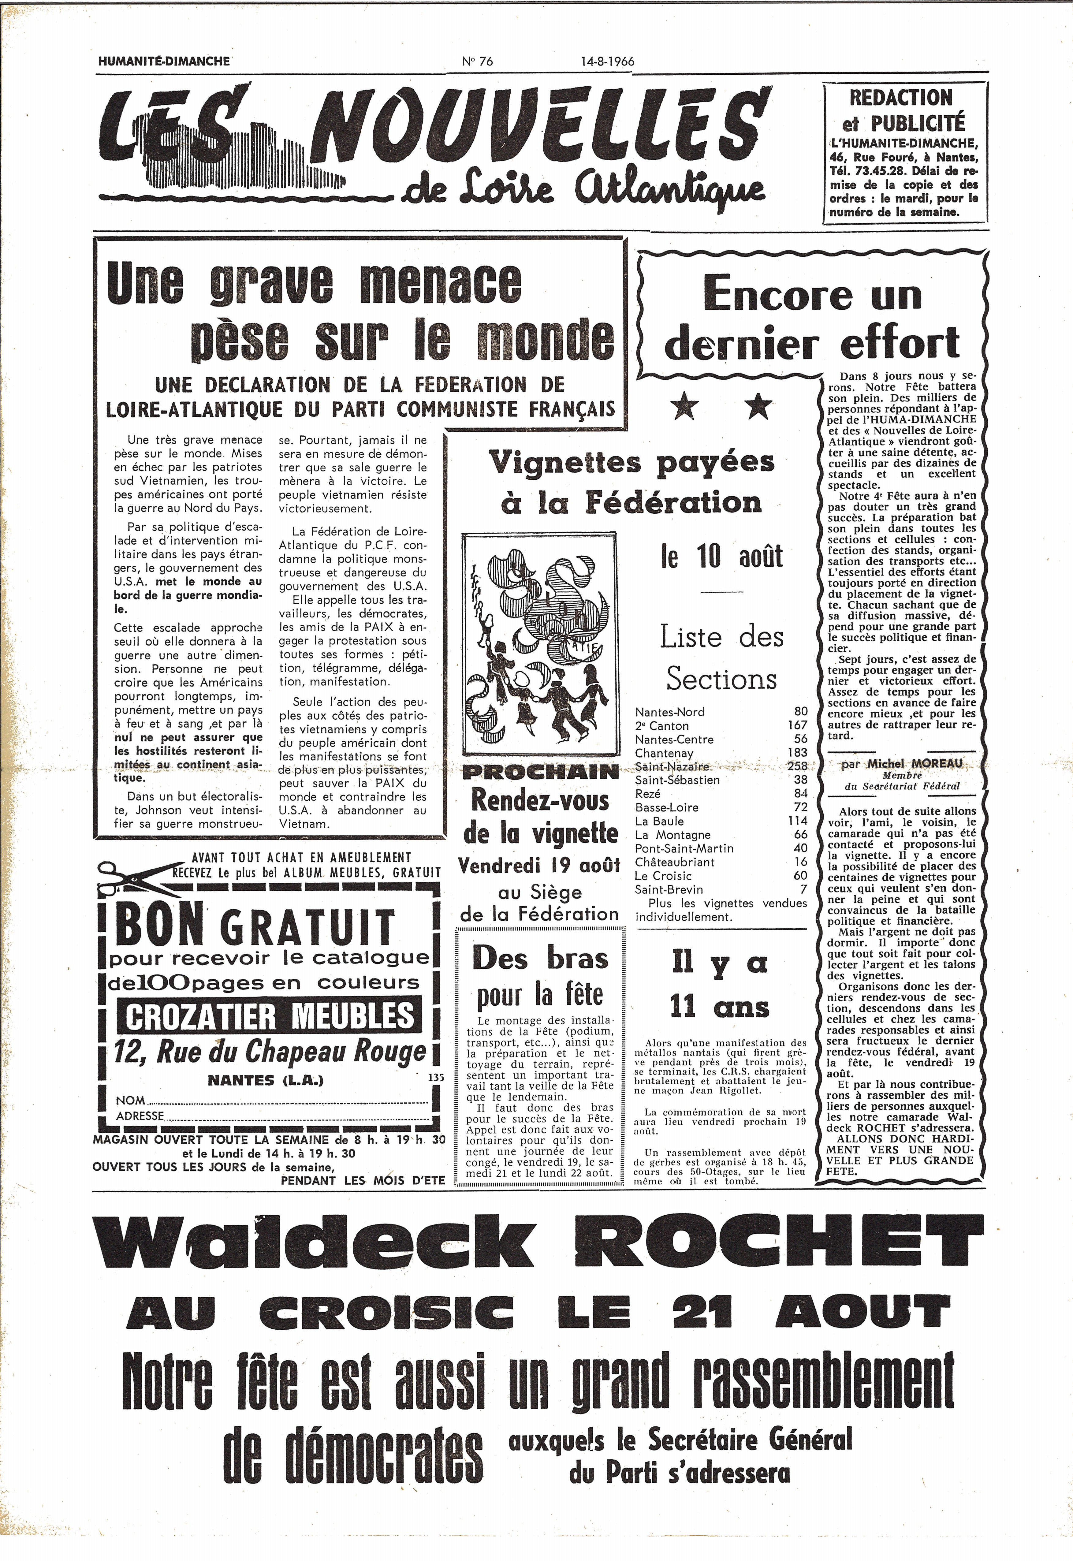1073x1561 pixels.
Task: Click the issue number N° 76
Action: pos(477,61)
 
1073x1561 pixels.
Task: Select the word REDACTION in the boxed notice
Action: pos(901,98)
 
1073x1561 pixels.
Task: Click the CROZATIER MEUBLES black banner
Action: pos(269,1016)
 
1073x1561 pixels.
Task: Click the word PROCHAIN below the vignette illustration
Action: pos(540,772)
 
